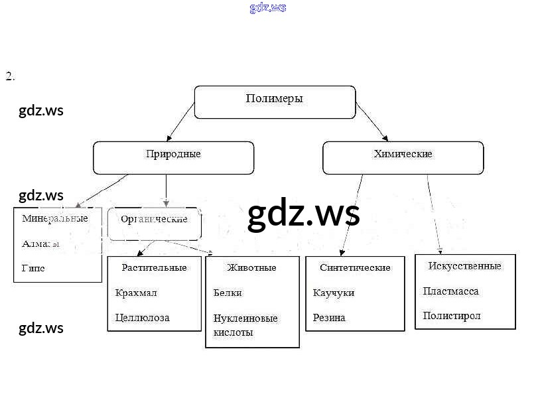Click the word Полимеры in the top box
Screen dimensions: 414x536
(x=274, y=99)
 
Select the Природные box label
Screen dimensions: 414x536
(x=173, y=154)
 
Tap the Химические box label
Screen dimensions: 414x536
(x=403, y=154)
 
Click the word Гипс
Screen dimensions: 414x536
(x=33, y=268)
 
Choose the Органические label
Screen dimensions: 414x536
(x=154, y=219)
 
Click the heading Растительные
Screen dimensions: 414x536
(x=154, y=267)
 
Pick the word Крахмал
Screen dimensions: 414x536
(x=135, y=293)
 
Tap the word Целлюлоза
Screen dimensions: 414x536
(x=142, y=318)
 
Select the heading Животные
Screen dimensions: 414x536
(x=251, y=267)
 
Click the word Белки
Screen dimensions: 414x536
(x=228, y=293)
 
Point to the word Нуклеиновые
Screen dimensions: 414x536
(x=245, y=318)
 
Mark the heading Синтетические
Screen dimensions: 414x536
(x=355, y=267)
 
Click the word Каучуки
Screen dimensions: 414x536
(x=333, y=293)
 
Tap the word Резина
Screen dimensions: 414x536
(x=329, y=318)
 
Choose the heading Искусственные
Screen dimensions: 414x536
(x=464, y=266)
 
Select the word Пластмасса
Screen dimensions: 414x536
(x=450, y=291)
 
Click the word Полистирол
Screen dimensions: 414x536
(x=452, y=316)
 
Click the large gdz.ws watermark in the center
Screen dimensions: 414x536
(x=303, y=214)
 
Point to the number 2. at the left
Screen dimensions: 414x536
(x=10, y=76)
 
